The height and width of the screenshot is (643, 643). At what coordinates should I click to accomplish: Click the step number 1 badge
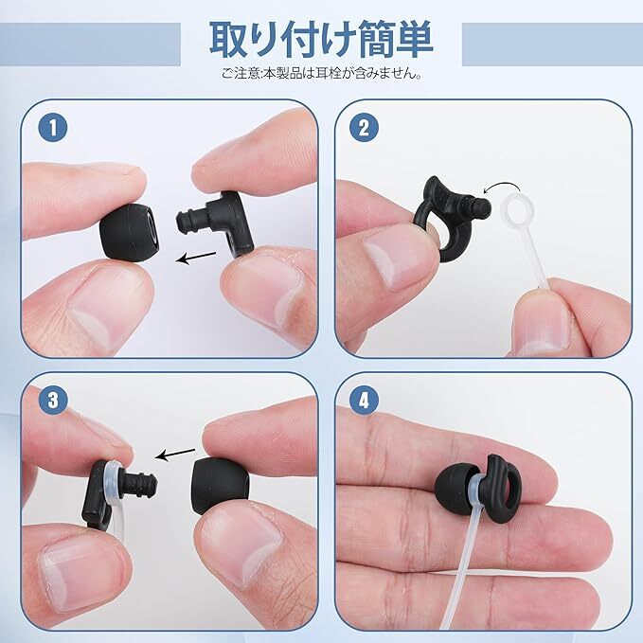point(53,128)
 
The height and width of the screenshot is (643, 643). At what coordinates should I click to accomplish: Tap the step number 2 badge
point(364,128)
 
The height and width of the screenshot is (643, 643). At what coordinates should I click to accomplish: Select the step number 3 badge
point(53,400)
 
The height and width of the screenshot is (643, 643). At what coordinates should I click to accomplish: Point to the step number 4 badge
point(364,400)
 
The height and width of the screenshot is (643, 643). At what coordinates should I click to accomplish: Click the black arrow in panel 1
point(196,258)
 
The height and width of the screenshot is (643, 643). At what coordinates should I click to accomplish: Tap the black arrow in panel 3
point(175,454)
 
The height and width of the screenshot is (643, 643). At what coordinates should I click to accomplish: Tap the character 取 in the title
point(229,40)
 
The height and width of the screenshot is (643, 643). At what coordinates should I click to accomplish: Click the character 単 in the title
point(413,40)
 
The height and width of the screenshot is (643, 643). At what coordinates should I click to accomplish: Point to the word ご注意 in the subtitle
point(241,74)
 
